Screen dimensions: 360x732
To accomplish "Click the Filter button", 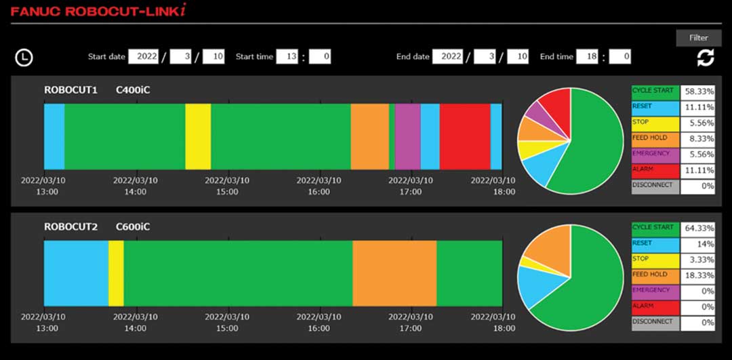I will click(698, 38).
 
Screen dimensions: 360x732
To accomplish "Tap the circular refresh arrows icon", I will click(706, 58).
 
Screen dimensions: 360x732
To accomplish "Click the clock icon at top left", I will click(24, 58).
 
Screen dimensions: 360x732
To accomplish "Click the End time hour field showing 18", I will click(587, 57).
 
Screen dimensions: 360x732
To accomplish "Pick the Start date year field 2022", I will click(147, 57).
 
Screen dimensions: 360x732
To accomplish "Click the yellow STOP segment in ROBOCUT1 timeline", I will click(198, 136).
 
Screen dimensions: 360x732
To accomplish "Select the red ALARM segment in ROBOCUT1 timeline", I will click(465, 136).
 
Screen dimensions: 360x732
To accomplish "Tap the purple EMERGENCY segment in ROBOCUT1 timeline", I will click(407, 136).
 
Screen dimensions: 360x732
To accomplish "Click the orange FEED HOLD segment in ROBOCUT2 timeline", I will click(394, 273).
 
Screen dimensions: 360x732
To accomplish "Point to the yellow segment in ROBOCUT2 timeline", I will click(116, 273).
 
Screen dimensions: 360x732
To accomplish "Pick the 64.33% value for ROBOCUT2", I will click(697, 228).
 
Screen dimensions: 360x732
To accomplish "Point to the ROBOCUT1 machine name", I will click(70, 89).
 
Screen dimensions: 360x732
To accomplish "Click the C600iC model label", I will click(133, 226).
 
